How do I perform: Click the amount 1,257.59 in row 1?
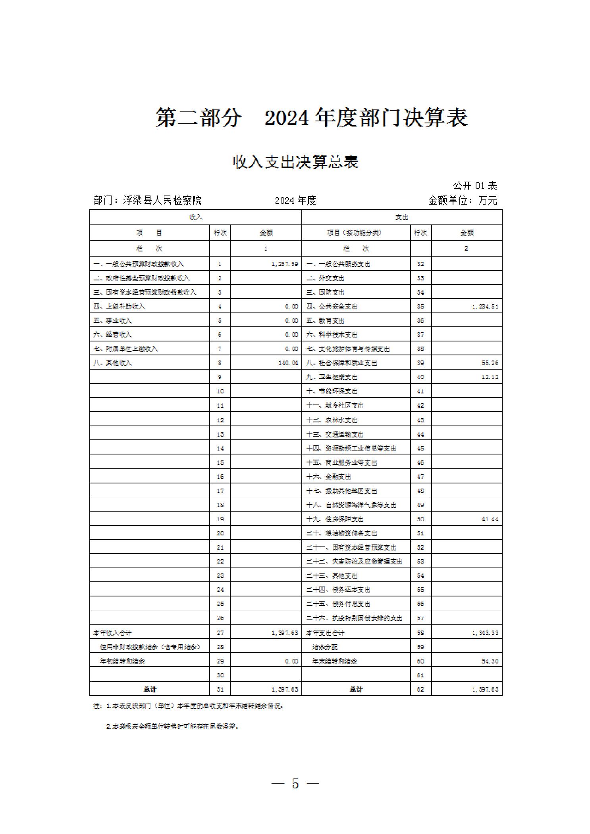click(285, 264)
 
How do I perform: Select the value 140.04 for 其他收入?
click(288, 363)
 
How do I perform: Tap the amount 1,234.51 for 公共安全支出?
click(485, 307)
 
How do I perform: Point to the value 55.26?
click(490, 363)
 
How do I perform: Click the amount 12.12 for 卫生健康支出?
click(490, 377)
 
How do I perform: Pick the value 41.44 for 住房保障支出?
click(490, 519)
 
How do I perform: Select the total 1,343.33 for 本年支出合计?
click(485, 633)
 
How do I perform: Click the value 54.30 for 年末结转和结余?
click(490, 661)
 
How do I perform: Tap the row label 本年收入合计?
click(112, 633)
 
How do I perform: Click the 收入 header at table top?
click(195, 217)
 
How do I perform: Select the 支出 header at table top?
click(402, 217)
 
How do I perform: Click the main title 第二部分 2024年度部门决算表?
click(311, 117)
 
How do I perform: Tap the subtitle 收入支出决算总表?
click(296, 162)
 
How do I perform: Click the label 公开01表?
click(475, 185)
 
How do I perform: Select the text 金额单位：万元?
click(462, 200)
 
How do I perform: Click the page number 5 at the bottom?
click(295, 783)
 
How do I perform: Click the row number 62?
click(420, 689)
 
